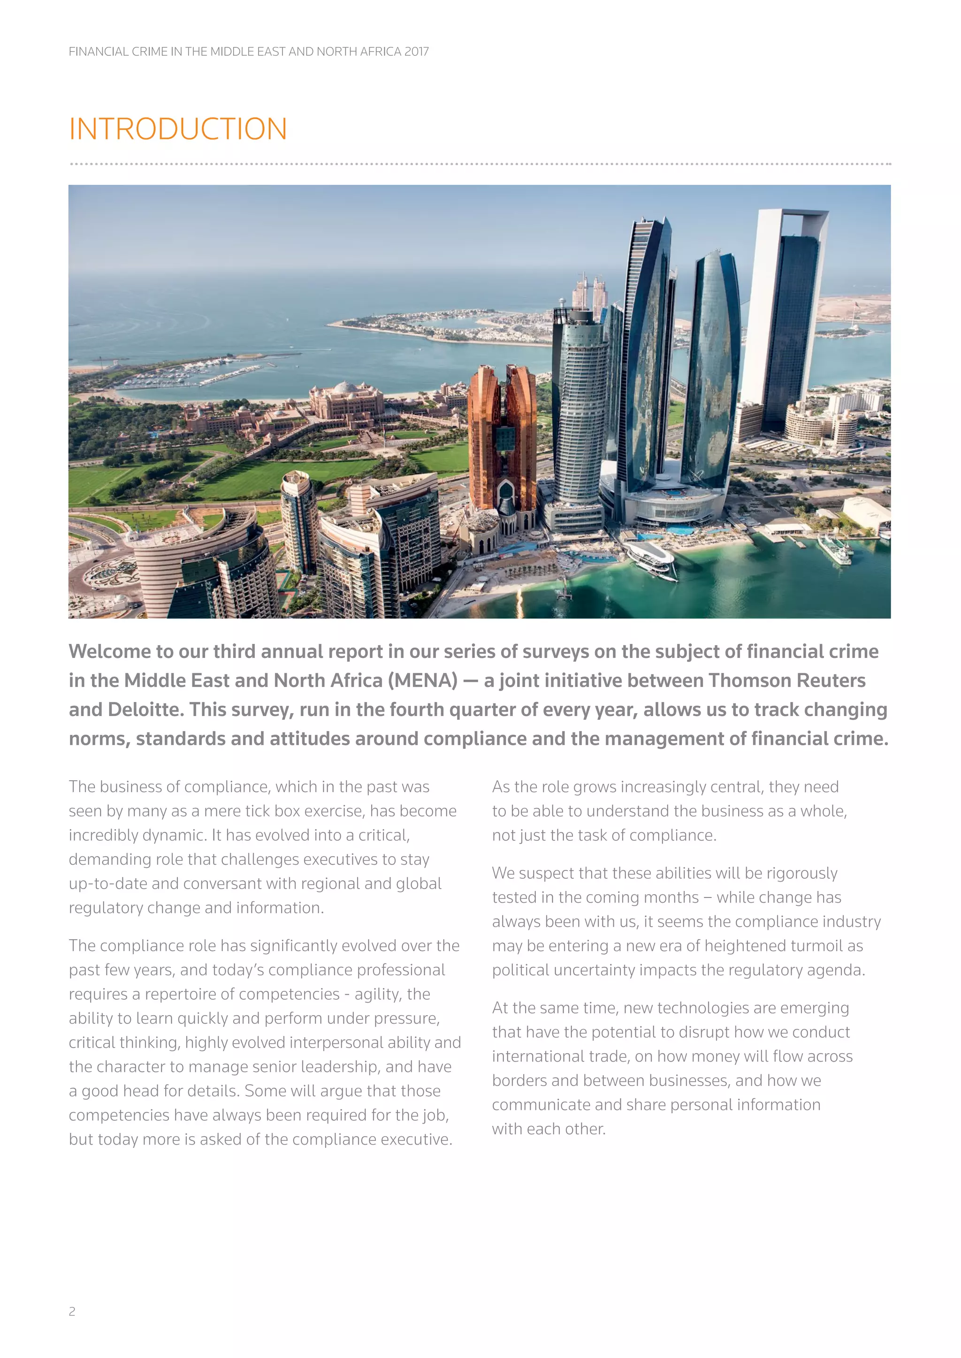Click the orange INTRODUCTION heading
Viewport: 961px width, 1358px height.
click(x=177, y=129)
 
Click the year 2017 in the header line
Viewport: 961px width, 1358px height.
click(x=417, y=52)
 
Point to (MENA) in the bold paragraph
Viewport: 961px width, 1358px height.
click(x=422, y=680)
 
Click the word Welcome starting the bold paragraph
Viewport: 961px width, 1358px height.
click(x=109, y=651)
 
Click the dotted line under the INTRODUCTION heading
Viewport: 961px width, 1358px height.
click(x=479, y=164)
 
